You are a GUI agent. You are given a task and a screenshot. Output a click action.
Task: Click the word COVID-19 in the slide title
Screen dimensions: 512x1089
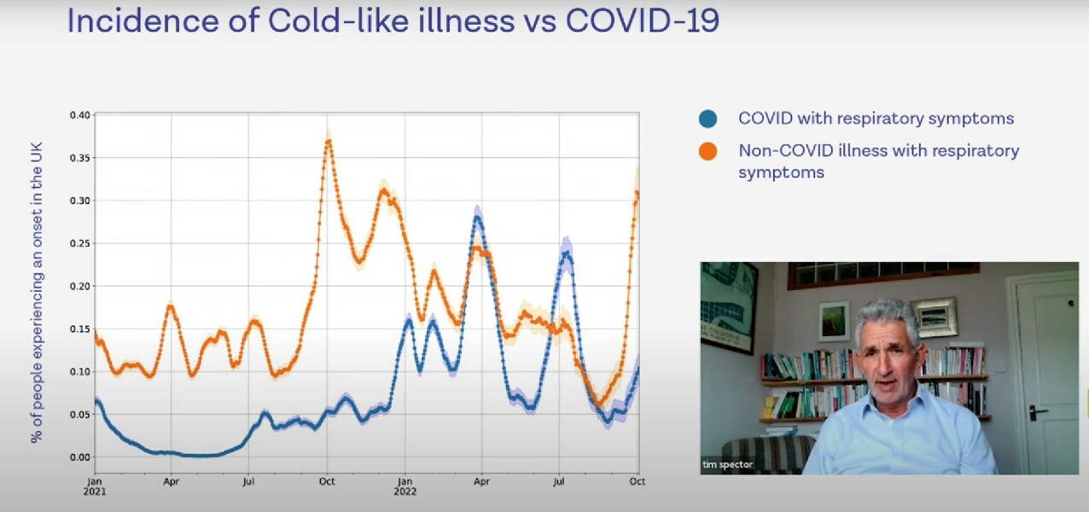(643, 21)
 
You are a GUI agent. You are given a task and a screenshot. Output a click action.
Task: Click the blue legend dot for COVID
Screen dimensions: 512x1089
(708, 119)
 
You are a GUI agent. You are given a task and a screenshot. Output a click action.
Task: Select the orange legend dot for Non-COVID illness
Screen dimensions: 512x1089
(708, 152)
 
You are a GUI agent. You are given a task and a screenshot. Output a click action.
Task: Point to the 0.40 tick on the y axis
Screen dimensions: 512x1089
(79, 115)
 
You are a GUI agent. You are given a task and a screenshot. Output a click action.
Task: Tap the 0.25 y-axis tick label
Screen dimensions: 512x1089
(79, 243)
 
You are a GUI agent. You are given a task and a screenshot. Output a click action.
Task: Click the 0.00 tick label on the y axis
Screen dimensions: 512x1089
(79, 457)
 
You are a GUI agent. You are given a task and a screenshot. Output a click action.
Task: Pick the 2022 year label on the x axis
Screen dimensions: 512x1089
(405, 491)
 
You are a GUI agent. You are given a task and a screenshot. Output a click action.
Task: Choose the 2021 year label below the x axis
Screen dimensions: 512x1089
(95, 491)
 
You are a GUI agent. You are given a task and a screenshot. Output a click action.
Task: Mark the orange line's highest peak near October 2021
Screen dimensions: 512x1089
(328, 142)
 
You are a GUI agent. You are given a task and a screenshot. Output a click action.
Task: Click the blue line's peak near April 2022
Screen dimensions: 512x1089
(478, 218)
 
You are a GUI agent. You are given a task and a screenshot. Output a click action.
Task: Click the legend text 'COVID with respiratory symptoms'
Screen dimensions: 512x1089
(876, 119)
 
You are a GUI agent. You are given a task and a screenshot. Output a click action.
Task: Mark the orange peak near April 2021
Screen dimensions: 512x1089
(171, 305)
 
